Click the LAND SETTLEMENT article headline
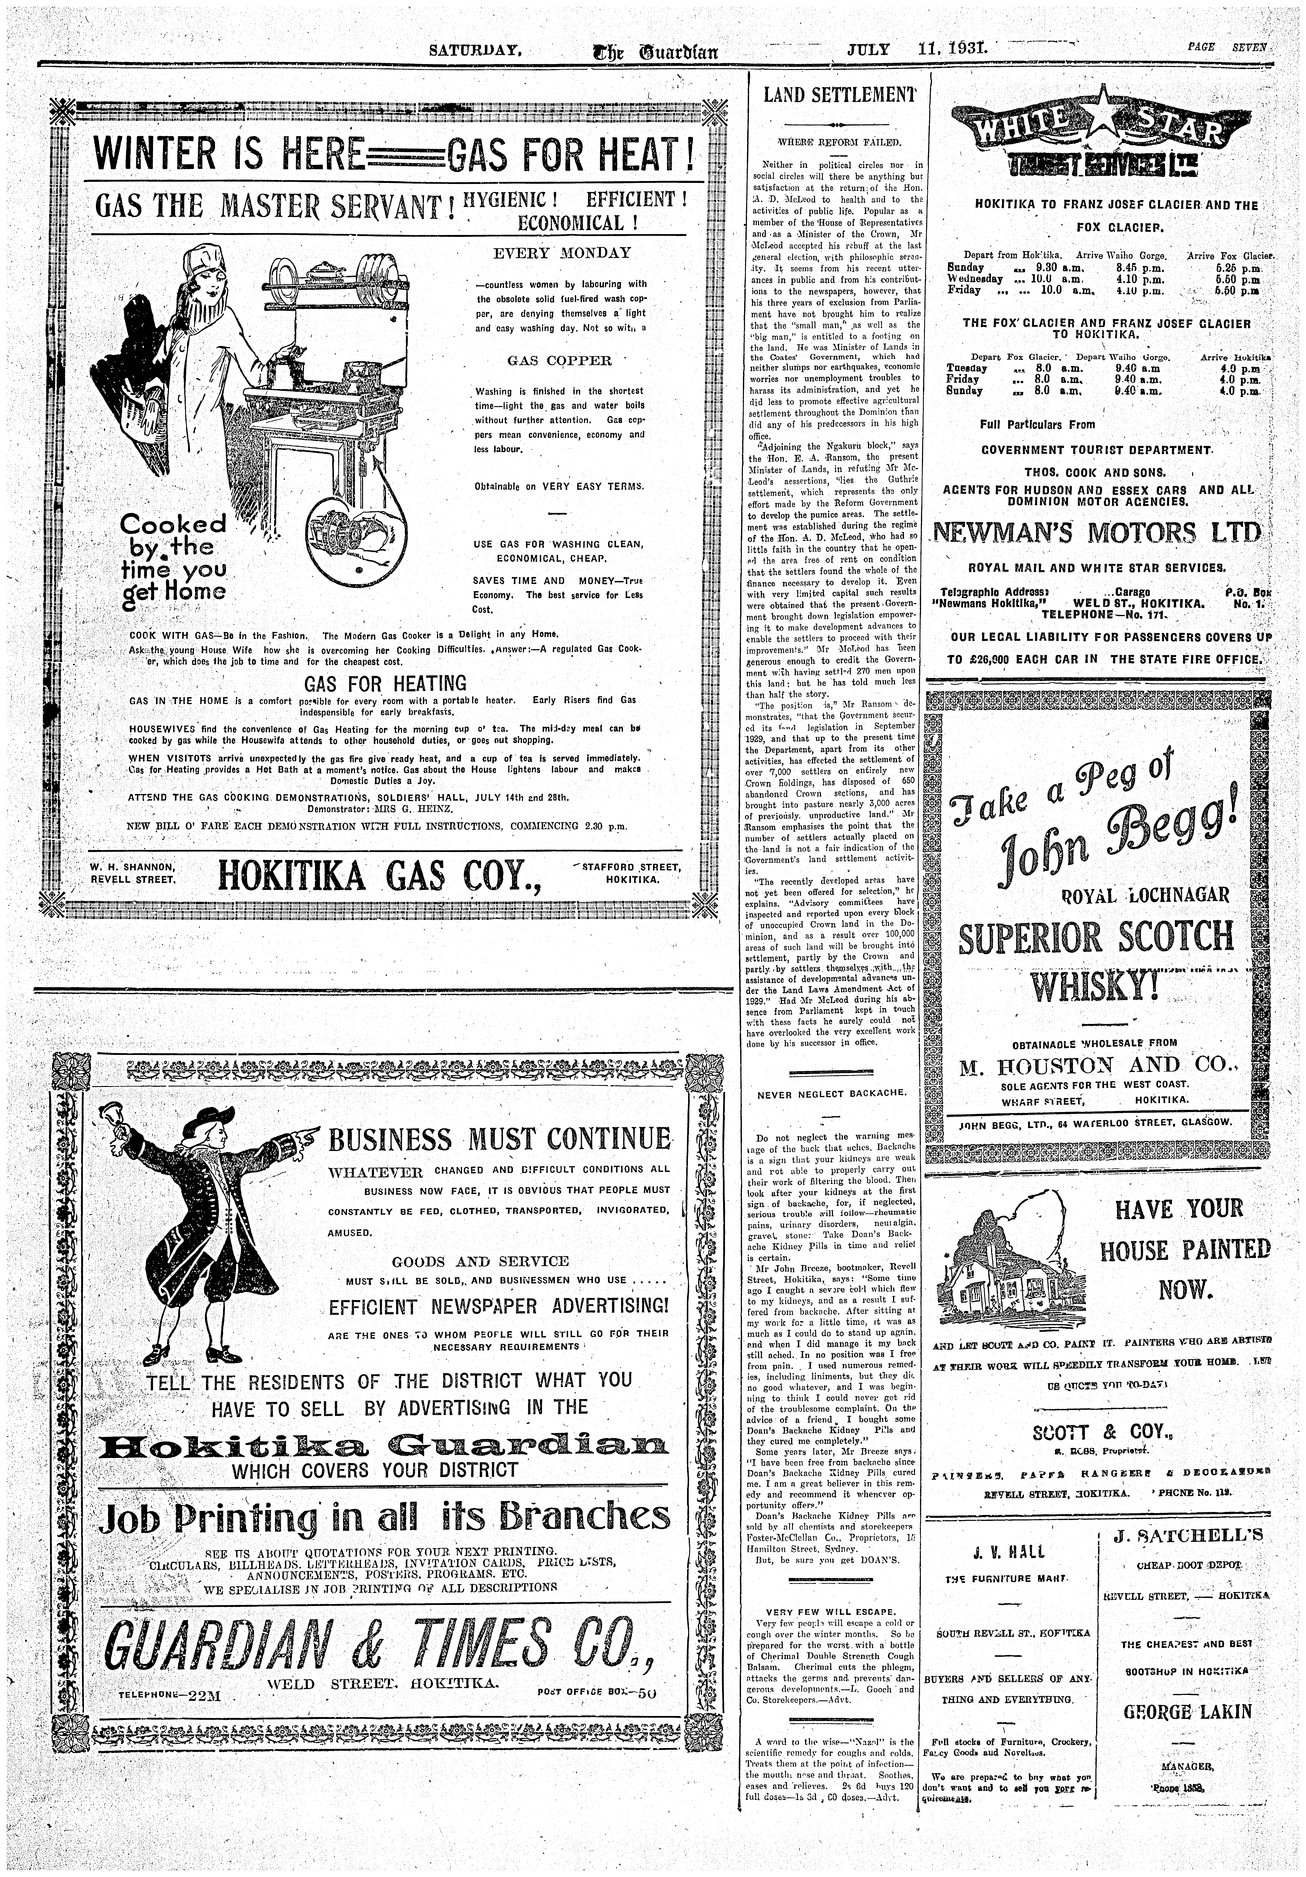click(840, 95)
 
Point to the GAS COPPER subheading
click(559, 361)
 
